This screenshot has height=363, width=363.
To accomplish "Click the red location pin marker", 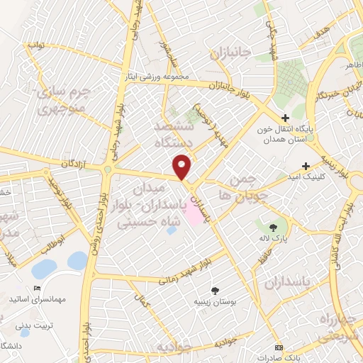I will coord(182,167).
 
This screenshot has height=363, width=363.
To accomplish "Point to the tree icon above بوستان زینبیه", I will coord(214,290).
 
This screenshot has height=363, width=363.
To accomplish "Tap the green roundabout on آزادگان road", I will coord(108,169).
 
